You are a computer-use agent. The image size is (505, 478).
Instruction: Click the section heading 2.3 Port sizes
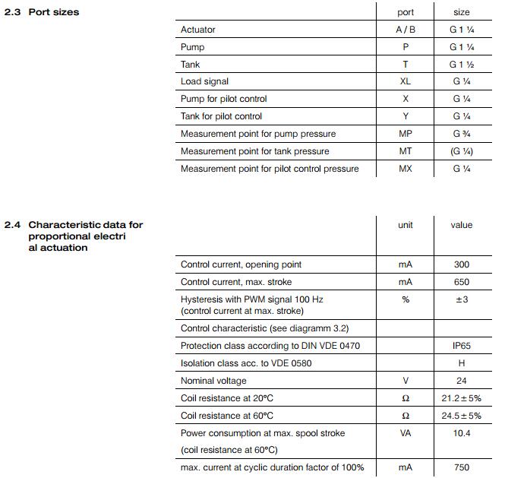click(x=42, y=12)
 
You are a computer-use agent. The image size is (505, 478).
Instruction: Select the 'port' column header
click(x=406, y=12)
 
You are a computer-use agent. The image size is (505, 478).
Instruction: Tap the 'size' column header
click(x=461, y=12)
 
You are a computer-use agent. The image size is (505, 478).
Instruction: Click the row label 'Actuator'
click(x=197, y=30)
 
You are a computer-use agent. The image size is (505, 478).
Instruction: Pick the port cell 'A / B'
click(x=406, y=30)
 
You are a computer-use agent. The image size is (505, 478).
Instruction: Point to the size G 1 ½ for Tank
click(x=461, y=65)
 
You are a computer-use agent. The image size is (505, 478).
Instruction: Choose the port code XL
click(x=406, y=81)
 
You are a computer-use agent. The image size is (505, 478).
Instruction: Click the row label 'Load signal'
click(x=204, y=81)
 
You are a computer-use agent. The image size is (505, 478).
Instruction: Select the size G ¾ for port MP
click(x=461, y=134)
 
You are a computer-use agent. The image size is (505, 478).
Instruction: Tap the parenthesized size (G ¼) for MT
click(x=461, y=151)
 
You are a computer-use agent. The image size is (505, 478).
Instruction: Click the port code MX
click(x=406, y=169)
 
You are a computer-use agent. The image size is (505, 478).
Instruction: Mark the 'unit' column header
click(x=406, y=225)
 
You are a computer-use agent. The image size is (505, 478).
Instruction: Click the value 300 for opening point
click(x=461, y=264)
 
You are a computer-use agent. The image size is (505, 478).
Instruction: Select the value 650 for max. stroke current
click(x=461, y=282)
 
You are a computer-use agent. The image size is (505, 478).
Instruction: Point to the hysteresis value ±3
click(x=461, y=299)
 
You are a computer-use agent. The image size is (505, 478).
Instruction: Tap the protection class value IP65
click(x=461, y=346)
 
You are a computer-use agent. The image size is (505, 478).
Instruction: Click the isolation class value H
click(x=461, y=363)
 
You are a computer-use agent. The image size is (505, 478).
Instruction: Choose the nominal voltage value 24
click(x=461, y=381)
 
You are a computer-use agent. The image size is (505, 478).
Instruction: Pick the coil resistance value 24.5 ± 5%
click(x=461, y=416)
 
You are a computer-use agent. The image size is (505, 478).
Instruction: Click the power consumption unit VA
click(x=406, y=433)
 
